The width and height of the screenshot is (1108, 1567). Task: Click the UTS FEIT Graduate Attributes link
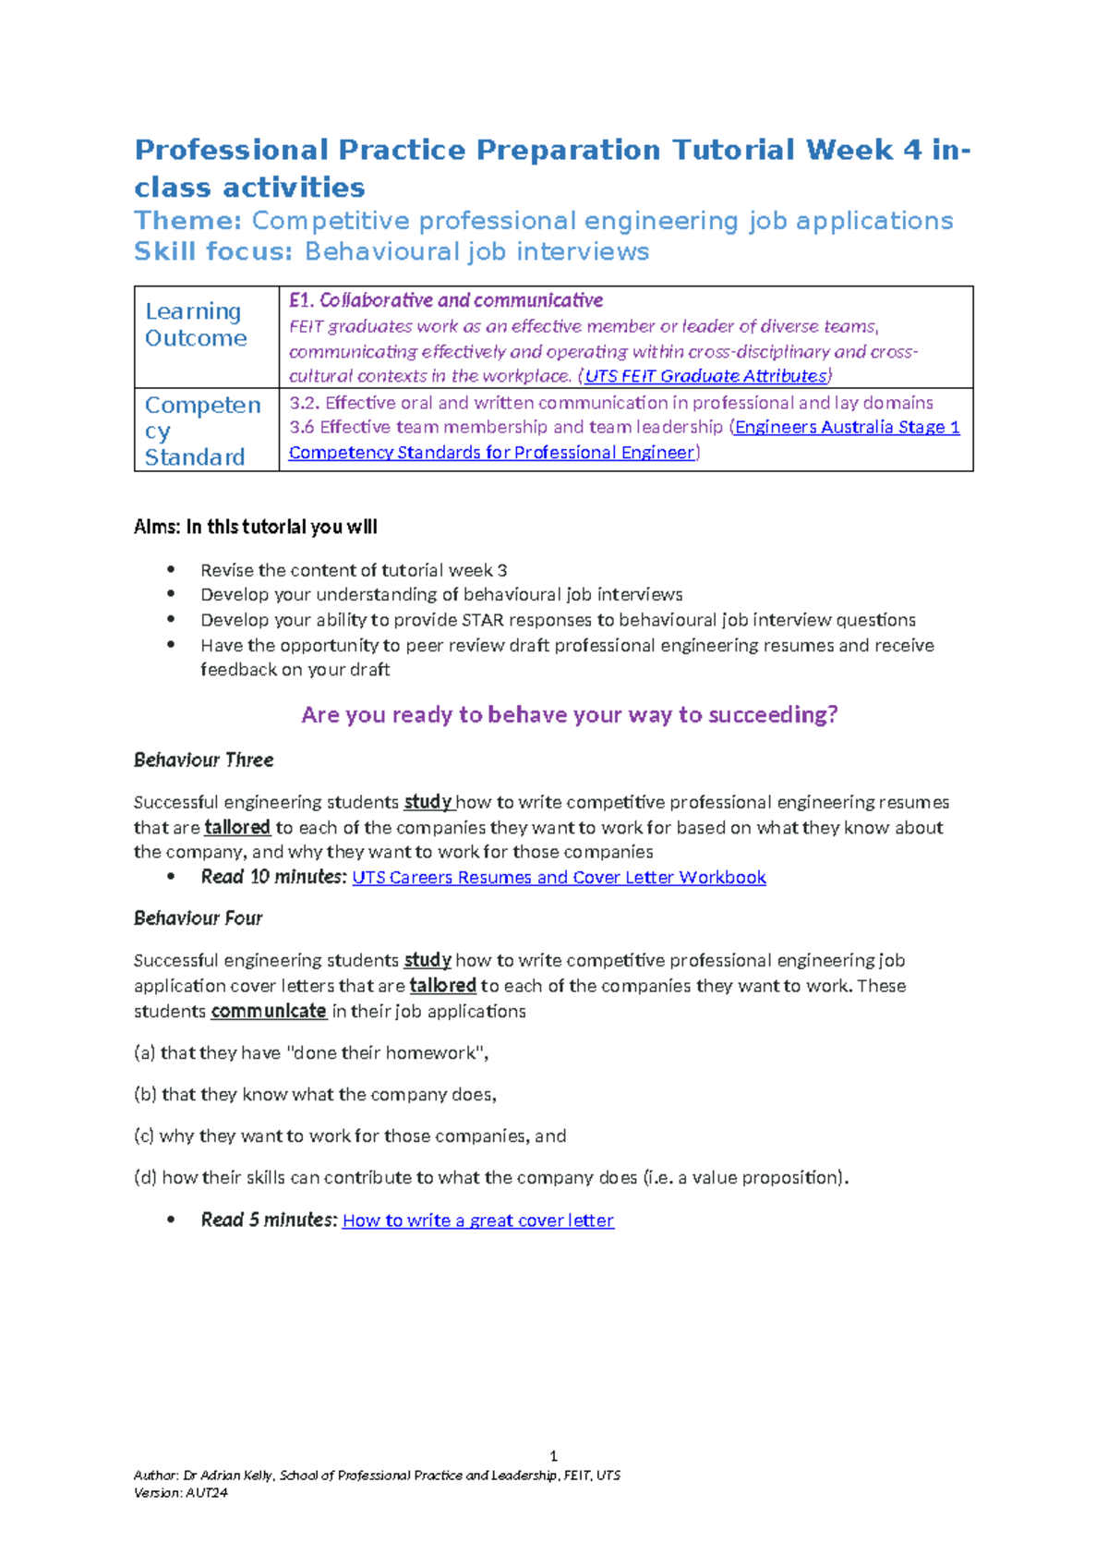coord(706,376)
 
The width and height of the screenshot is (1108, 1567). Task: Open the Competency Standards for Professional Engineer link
coord(491,453)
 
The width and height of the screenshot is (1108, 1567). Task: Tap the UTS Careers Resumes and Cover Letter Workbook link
coord(559,878)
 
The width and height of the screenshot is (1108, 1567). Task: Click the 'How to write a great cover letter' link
coord(477,1221)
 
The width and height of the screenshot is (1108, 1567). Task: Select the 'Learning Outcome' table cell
coord(196,325)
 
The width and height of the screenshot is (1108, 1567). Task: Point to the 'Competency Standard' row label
coord(202,431)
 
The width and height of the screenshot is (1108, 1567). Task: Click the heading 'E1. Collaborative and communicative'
coord(446,300)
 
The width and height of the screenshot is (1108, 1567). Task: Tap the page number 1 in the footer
coord(553,1456)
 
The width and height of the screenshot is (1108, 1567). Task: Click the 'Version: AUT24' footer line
coord(181,1492)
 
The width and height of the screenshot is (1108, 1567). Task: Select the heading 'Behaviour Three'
coord(203,760)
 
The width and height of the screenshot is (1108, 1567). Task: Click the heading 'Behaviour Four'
coord(198,918)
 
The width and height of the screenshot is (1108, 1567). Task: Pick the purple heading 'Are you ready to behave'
coord(569,715)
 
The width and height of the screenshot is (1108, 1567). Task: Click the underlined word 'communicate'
coord(269,1012)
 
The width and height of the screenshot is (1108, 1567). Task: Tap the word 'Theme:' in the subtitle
coord(188,221)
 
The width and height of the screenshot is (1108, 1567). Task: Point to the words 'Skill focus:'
coord(213,251)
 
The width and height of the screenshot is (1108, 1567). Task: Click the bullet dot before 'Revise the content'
coord(171,570)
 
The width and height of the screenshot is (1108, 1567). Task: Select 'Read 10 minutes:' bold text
coord(273,877)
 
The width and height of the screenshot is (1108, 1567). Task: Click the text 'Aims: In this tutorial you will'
coord(256,528)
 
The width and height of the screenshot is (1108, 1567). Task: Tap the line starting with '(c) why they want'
coord(350,1136)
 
